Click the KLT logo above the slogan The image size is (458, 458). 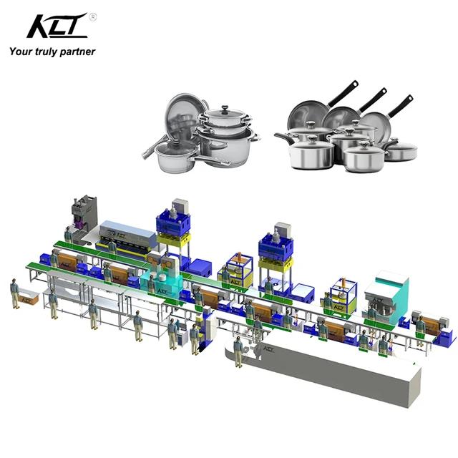pyautogui.click(x=57, y=26)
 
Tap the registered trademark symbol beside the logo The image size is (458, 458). pyautogui.click(x=92, y=17)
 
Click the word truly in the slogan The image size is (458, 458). pyautogui.click(x=46, y=52)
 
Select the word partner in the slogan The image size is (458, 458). pyautogui.click(x=78, y=52)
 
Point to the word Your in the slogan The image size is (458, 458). pyautogui.click(x=21, y=52)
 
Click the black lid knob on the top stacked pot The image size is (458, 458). pyautogui.click(x=225, y=109)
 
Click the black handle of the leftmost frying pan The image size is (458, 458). pyautogui.click(x=343, y=94)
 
